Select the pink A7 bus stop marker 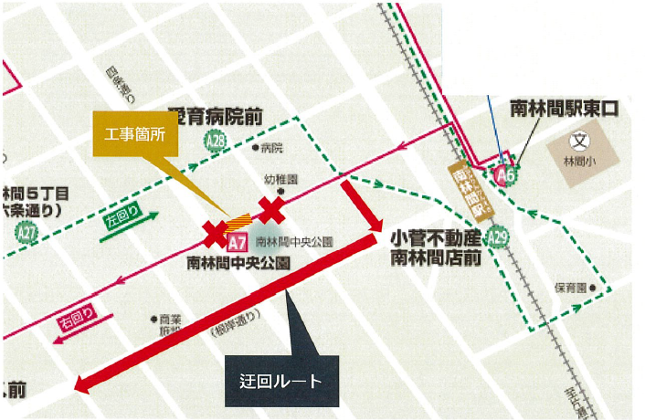(237, 242)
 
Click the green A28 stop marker (217, 141)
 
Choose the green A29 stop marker (497, 238)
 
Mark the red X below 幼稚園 (271, 210)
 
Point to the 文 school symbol (577, 141)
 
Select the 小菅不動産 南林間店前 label (436, 247)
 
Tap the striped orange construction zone (239, 221)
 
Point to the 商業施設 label (170, 328)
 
